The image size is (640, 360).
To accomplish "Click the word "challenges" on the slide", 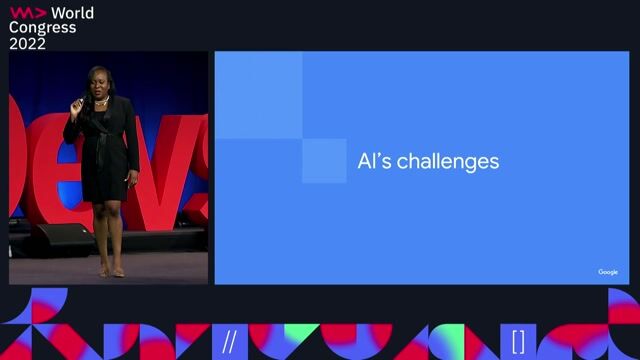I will click(x=447, y=161).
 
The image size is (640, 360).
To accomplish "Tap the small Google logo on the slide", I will click(x=608, y=272).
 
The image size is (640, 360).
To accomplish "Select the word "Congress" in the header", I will click(x=42, y=28).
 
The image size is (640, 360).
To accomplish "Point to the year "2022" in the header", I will click(x=28, y=43).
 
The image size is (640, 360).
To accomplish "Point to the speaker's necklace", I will click(x=100, y=102).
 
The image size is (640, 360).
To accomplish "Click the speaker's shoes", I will click(x=111, y=271).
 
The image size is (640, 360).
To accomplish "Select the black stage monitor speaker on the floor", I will click(x=59, y=238).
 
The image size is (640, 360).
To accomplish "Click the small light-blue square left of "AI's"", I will click(x=323, y=160).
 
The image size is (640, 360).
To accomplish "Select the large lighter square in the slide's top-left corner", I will click(x=258, y=95).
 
